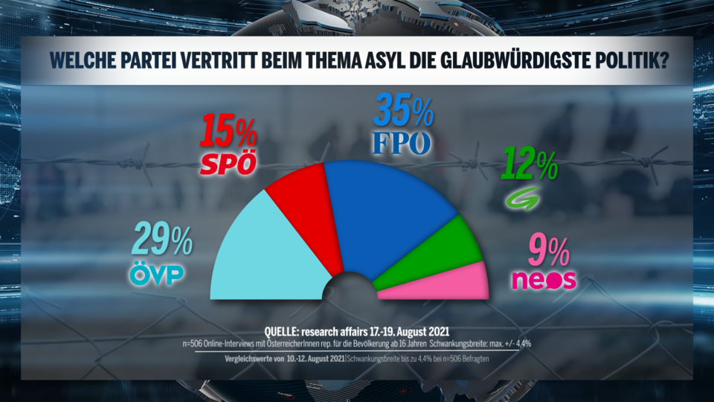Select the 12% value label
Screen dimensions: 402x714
coord(530,164)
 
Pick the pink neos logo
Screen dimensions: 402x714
coord(544,279)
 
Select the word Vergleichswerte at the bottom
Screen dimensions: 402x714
coord(257,360)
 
